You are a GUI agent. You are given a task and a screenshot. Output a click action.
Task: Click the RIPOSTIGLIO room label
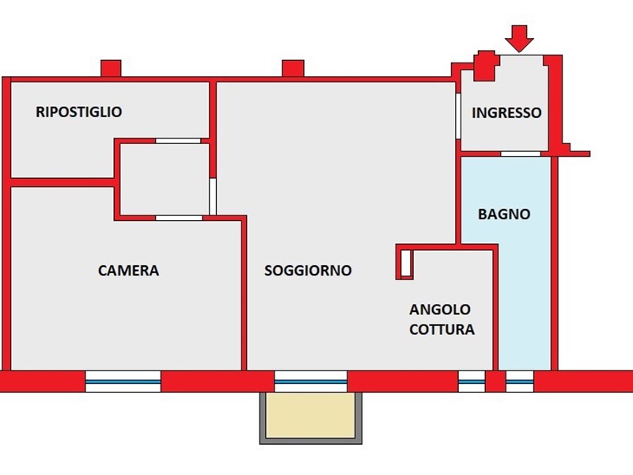79,112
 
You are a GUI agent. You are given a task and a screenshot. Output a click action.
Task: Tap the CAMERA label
128,271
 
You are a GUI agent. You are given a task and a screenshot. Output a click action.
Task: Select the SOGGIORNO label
308,271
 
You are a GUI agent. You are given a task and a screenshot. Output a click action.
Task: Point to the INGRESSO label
506,113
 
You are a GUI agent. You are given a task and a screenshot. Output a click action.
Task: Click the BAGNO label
504,215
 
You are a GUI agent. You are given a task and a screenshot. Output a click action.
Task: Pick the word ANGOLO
440,310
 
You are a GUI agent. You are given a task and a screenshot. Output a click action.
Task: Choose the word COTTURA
442,329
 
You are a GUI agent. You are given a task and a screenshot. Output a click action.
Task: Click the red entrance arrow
519,37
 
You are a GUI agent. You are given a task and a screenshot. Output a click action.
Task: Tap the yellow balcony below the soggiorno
310,416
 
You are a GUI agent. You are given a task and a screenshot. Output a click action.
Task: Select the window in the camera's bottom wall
123,382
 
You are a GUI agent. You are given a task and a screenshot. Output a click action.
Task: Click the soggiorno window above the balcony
310,382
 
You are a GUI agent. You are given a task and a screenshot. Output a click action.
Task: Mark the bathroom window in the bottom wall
520,382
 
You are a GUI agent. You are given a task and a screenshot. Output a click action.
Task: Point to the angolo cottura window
472,382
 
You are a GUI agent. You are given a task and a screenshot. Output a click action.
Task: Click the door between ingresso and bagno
521,154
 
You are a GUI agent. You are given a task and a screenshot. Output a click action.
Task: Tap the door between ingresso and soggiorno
459,116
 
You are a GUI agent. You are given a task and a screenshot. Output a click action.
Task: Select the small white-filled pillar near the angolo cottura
405,264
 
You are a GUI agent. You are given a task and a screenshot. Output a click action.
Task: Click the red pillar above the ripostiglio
111,69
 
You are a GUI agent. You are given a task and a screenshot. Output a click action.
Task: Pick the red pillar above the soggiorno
293,69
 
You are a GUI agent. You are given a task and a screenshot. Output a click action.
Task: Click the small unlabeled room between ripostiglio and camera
164,179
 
